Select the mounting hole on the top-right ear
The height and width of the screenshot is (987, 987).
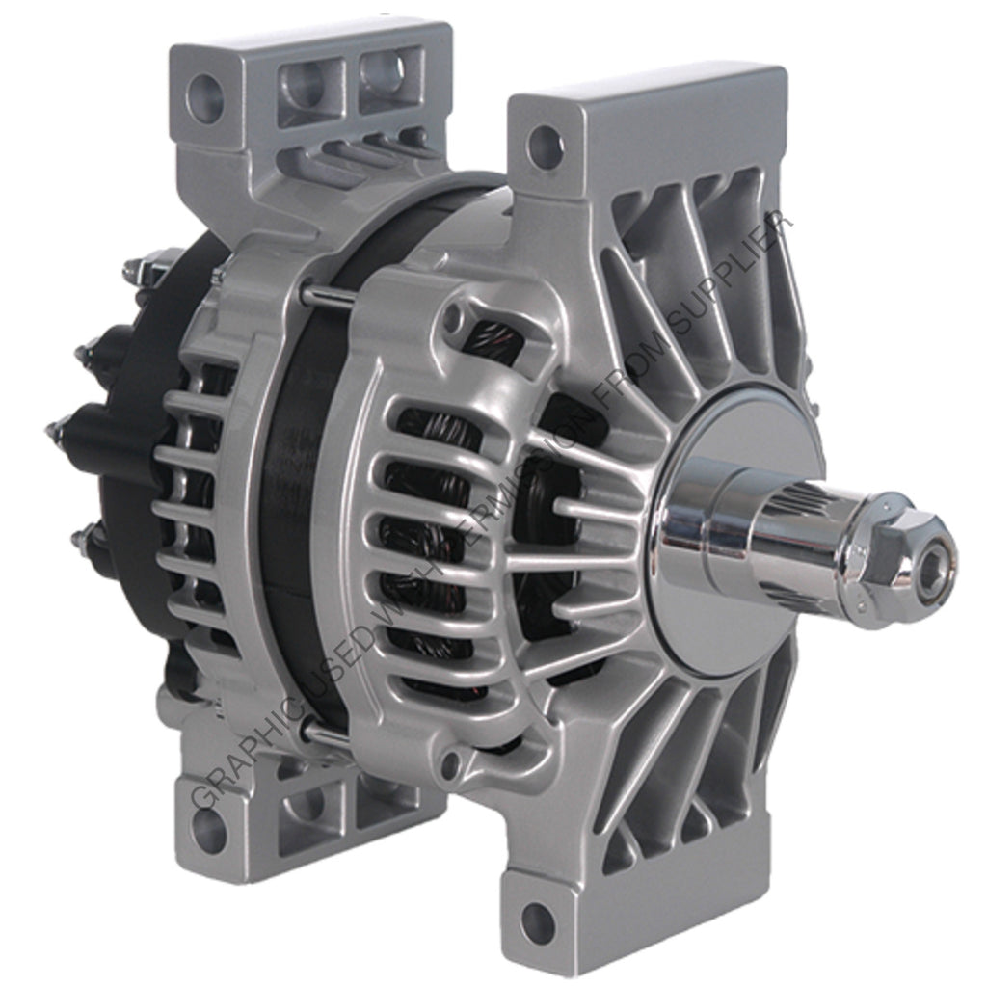pos(546,146)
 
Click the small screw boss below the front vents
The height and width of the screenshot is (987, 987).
pos(449,765)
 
